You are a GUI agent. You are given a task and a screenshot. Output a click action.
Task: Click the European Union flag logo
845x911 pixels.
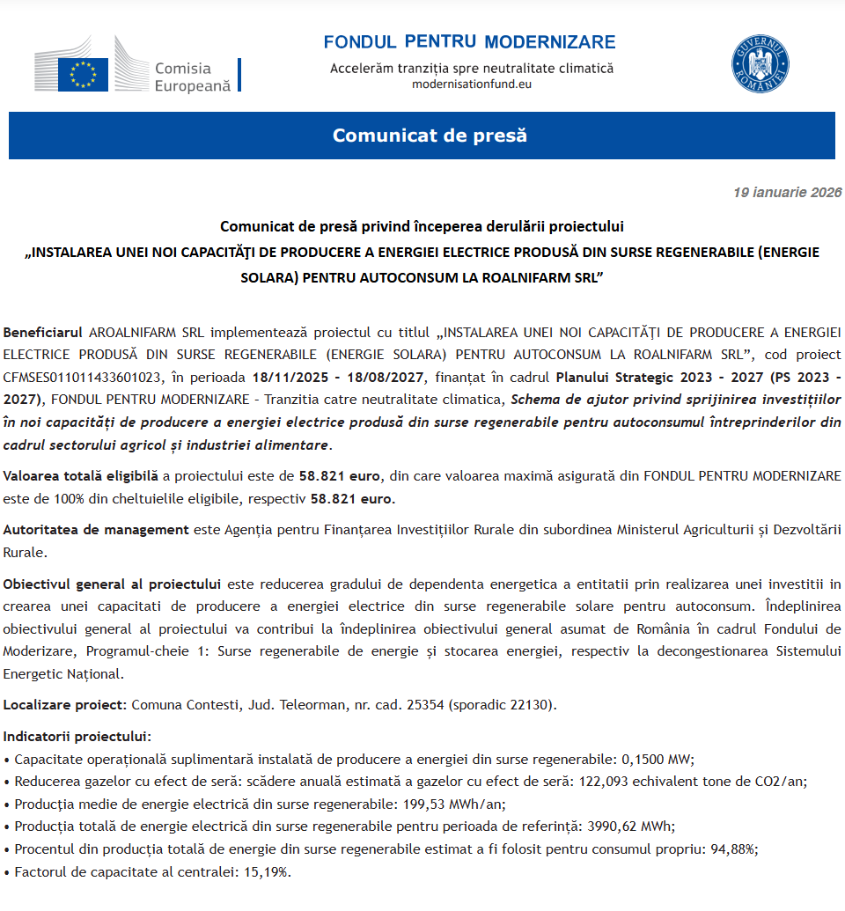[x=83, y=74]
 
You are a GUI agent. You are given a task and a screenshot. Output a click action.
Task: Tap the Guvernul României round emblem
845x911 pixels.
[x=760, y=64]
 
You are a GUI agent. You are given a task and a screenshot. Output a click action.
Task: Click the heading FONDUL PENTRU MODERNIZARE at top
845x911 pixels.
[x=469, y=42]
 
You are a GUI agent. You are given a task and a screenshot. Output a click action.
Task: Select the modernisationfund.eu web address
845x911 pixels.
[x=472, y=84]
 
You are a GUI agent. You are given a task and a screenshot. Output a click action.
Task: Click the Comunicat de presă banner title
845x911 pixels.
[x=430, y=136]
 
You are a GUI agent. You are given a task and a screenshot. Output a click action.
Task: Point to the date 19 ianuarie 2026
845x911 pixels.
[x=787, y=193]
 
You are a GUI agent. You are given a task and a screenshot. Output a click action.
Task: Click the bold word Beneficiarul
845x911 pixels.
[x=43, y=332]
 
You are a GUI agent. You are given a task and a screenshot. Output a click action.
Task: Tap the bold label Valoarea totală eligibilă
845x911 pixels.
[x=81, y=476]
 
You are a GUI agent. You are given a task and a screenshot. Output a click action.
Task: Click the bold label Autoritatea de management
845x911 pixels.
[x=96, y=530]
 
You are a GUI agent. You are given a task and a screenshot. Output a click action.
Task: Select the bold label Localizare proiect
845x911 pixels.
[x=65, y=705]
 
